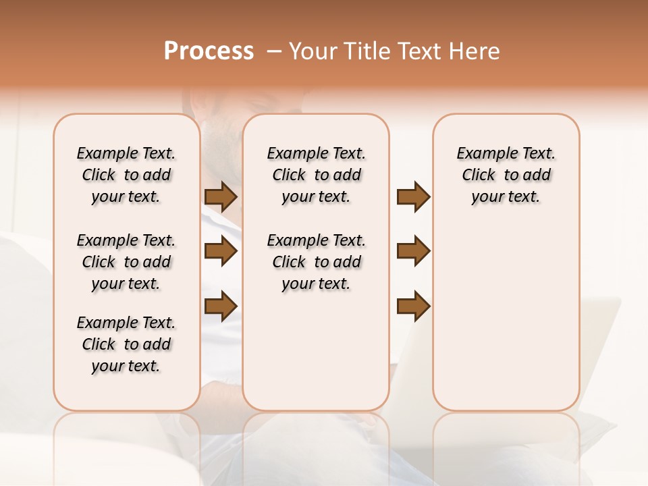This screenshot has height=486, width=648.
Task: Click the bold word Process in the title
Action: click(209, 51)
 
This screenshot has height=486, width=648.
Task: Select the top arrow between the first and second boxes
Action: click(221, 197)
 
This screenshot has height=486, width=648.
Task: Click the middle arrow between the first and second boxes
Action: click(221, 252)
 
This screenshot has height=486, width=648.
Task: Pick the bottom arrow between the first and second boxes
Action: click(221, 306)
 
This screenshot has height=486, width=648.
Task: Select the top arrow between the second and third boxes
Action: click(413, 197)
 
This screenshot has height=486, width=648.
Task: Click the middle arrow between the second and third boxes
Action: click(413, 251)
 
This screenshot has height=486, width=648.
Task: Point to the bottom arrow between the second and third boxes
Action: click(413, 306)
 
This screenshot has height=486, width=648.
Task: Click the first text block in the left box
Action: click(126, 175)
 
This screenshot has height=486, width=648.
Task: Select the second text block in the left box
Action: click(126, 262)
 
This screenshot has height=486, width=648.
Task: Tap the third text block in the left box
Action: click(126, 344)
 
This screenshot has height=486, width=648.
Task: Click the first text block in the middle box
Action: click(316, 175)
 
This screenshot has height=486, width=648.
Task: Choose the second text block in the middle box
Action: click(316, 262)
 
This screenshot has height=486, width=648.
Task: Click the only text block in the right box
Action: click(506, 175)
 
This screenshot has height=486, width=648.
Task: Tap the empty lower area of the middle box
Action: click(316, 351)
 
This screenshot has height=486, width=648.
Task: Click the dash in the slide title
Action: click(273, 51)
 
